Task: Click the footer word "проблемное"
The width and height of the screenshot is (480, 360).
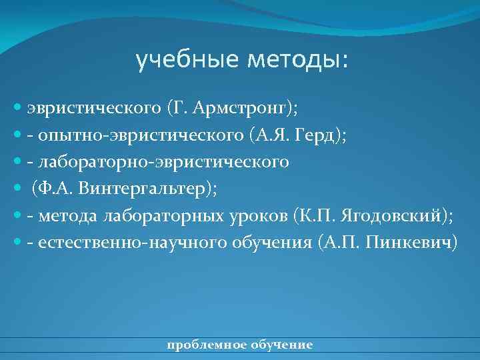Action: [x=198, y=345]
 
